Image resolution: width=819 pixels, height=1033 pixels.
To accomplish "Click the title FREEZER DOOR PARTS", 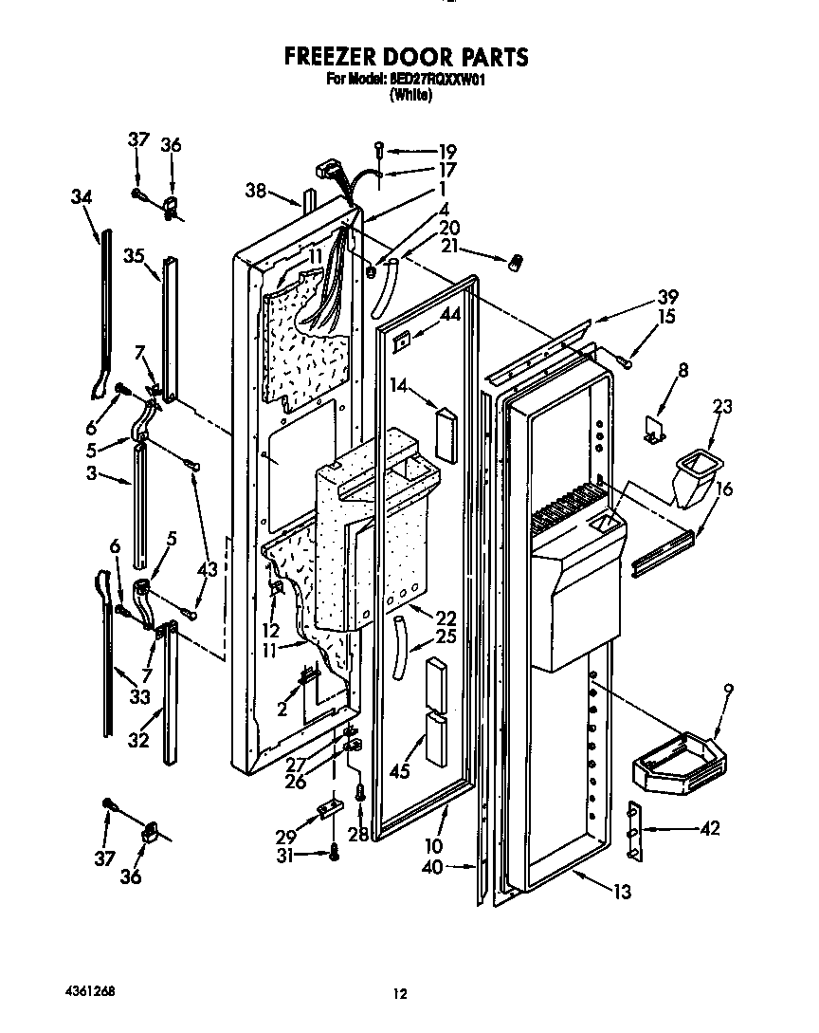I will (x=407, y=58).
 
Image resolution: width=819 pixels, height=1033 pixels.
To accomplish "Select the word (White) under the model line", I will (x=409, y=95).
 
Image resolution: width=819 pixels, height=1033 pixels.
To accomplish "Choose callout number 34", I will (x=82, y=197).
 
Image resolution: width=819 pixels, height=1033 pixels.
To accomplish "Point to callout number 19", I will (x=447, y=152).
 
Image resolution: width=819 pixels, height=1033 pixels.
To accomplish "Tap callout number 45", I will (x=399, y=771).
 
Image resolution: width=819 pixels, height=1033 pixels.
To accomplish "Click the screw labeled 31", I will (x=336, y=853).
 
